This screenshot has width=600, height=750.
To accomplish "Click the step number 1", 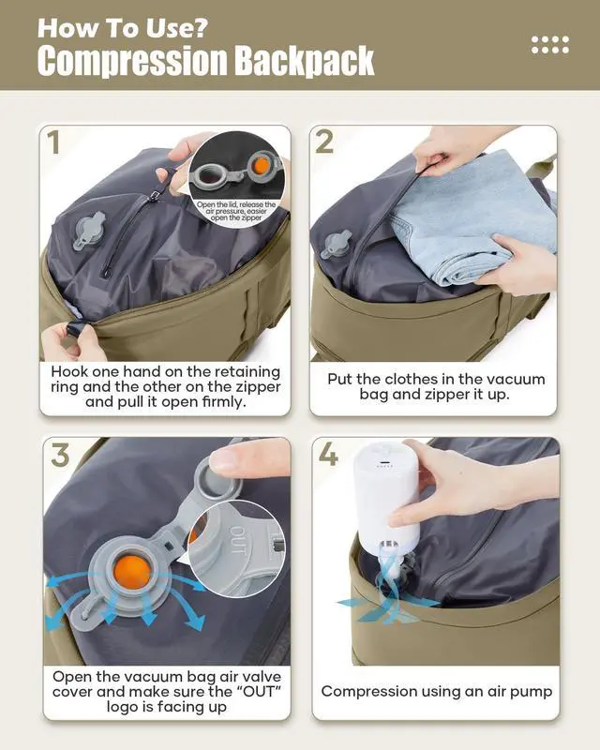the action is [53, 142].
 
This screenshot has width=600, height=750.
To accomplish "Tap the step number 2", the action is [325, 142].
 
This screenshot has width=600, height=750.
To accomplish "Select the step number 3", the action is [60, 455].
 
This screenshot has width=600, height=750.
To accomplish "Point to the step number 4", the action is [328, 454].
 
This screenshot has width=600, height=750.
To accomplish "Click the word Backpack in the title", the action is [304, 61].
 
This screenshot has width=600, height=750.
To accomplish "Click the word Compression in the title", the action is [132, 61].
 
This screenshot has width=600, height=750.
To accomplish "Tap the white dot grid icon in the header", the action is [550, 44].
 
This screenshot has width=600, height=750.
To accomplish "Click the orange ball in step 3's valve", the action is [131, 572].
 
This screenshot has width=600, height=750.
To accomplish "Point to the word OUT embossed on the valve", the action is [238, 540].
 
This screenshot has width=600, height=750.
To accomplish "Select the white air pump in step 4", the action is [387, 502].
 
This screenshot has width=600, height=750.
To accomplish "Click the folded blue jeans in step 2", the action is [472, 220].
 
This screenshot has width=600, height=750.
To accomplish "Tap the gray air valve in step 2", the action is [336, 244].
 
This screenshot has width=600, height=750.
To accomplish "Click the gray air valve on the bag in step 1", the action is [88, 231].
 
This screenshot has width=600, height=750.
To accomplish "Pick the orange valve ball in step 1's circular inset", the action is [262, 165].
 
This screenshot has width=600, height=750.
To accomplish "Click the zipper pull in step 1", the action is [155, 196].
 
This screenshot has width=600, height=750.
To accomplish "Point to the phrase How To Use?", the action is [123, 28].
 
